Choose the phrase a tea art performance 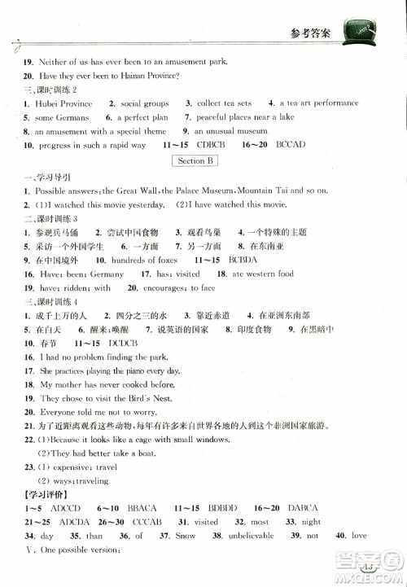click(x=318, y=103)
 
